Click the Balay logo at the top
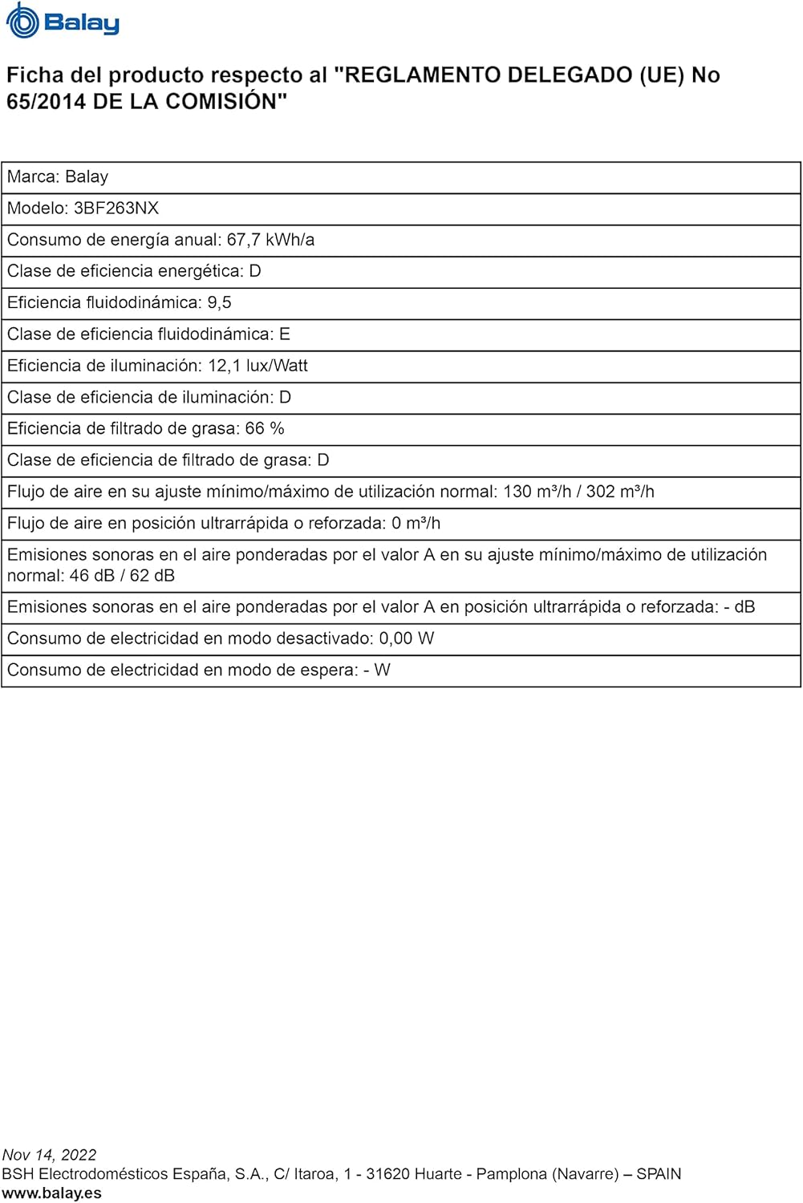63,22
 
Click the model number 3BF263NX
116,209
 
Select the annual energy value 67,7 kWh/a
270,240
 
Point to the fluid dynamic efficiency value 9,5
219,303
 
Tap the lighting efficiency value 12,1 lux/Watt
258,366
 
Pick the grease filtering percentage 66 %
265,429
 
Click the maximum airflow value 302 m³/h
620,492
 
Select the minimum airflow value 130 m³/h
537,492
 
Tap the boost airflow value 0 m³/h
416,524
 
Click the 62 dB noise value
152,576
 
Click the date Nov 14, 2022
49,1155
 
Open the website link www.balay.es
51,1193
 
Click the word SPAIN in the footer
659,1174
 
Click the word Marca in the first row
30,177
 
